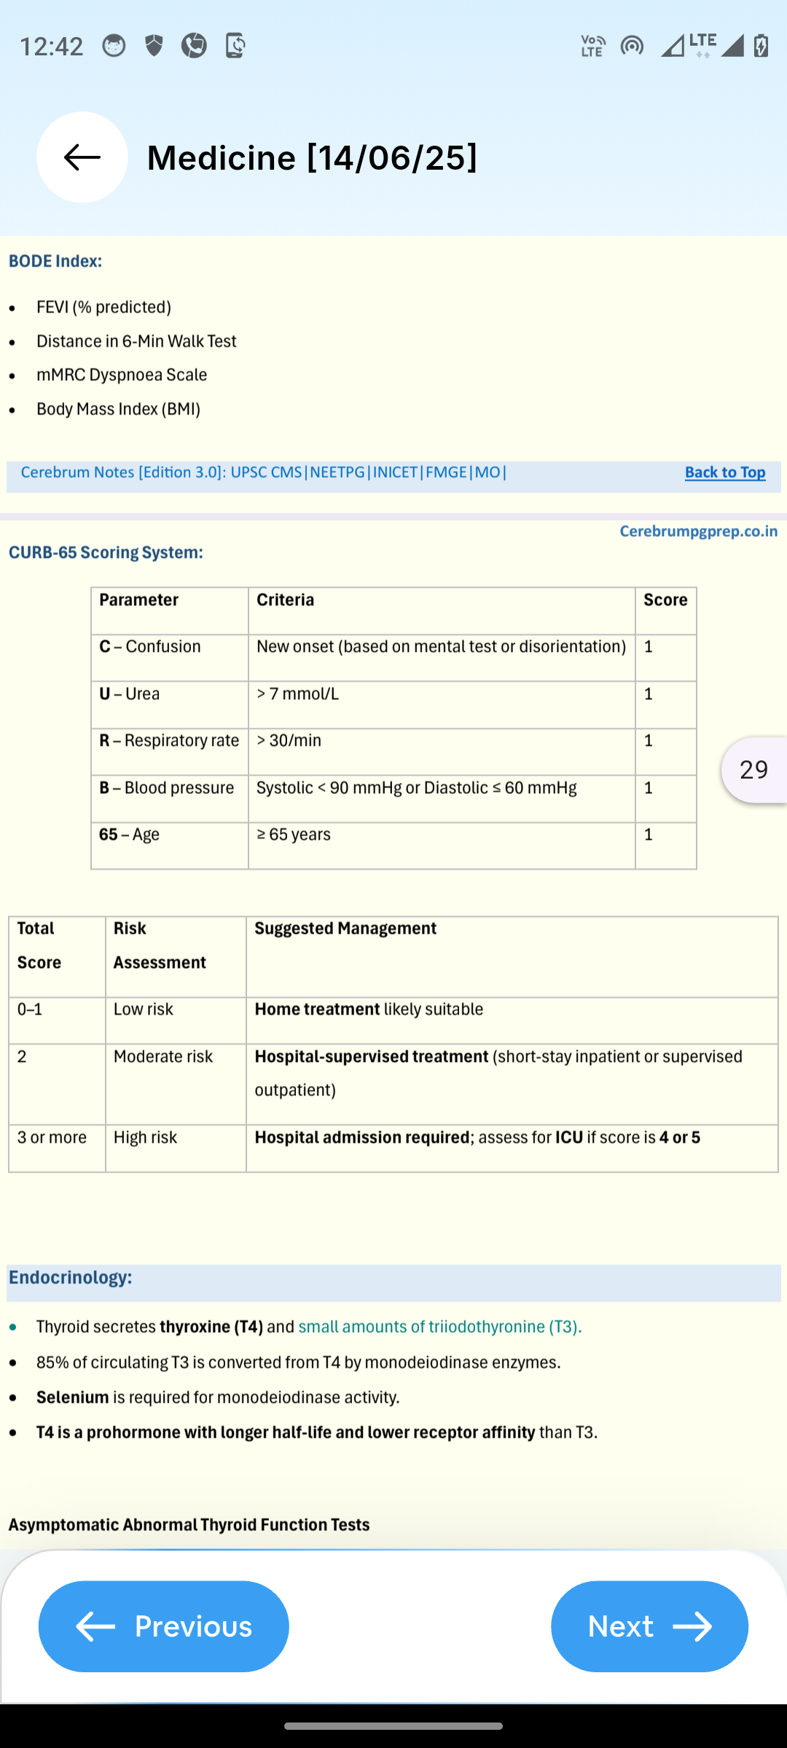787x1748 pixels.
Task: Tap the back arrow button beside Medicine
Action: click(x=82, y=157)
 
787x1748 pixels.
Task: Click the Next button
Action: click(x=649, y=1626)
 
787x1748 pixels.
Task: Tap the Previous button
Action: click(x=164, y=1626)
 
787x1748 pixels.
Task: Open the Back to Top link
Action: click(x=724, y=473)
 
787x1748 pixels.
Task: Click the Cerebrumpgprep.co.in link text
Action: click(x=698, y=532)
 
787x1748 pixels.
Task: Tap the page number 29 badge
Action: click(x=753, y=770)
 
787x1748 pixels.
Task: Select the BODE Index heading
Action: click(x=55, y=261)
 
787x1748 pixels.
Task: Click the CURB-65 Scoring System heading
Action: click(x=106, y=553)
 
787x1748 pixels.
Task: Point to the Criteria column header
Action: click(x=286, y=600)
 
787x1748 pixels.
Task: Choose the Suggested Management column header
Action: click(x=345, y=929)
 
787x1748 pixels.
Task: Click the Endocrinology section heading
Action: click(x=71, y=1277)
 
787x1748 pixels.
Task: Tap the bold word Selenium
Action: click(x=73, y=1398)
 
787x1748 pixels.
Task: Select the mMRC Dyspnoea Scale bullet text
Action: click(x=122, y=375)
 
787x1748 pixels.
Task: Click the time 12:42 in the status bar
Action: click(x=51, y=47)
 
